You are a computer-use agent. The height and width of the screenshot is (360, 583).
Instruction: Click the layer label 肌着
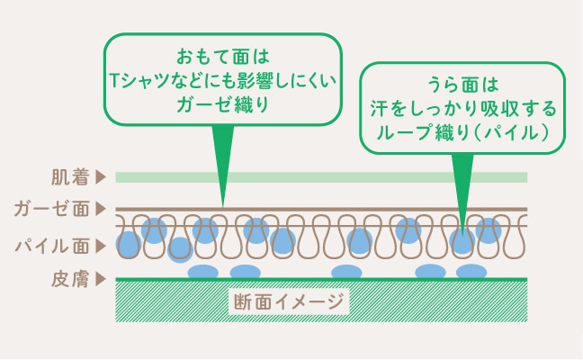(70, 177)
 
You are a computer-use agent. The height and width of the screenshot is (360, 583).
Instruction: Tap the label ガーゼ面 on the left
(51, 209)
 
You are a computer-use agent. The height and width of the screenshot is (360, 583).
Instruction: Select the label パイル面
(51, 247)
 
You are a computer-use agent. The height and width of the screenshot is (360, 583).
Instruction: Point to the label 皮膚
(70, 279)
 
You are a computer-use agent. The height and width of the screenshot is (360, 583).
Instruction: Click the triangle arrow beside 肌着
(101, 177)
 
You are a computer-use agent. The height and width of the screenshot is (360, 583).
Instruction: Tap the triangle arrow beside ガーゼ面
(101, 209)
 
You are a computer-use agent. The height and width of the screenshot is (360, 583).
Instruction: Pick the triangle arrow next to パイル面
(101, 247)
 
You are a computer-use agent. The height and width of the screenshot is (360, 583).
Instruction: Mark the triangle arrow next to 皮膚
(101, 279)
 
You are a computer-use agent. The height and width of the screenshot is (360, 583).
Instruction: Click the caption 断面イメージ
(289, 301)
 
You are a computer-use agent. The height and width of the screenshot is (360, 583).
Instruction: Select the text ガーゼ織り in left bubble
(223, 104)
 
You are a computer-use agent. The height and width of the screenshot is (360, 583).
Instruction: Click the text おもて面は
(223, 57)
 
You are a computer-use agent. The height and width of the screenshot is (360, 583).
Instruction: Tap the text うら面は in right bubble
(462, 85)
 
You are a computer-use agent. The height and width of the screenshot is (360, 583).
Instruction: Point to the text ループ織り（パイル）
(462, 132)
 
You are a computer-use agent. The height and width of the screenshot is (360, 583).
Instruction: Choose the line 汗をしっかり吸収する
(462, 108)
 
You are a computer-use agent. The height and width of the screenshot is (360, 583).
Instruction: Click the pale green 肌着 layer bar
(321, 177)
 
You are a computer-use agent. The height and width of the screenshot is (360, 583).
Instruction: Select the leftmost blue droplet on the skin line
(202, 272)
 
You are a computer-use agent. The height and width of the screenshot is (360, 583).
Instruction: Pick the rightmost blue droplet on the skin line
(471, 272)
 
